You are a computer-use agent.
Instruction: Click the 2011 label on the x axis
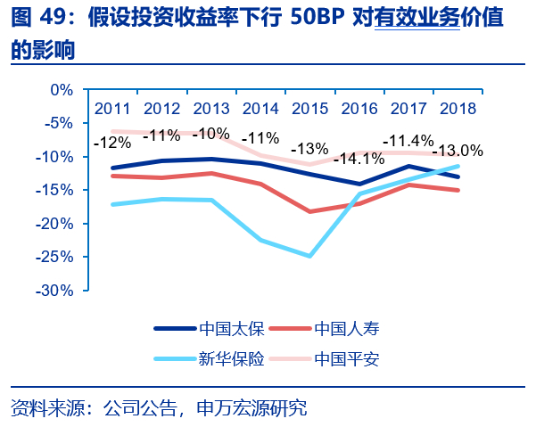[113, 108]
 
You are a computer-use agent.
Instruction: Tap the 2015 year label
[309, 108]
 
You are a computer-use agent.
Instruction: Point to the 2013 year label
[211, 108]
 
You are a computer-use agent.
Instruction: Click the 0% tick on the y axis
[61, 90]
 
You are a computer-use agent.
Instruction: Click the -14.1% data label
[359, 160]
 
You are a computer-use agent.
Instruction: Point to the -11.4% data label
[408, 140]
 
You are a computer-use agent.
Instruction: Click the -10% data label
[210, 134]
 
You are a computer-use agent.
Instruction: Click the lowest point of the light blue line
[309, 256]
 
